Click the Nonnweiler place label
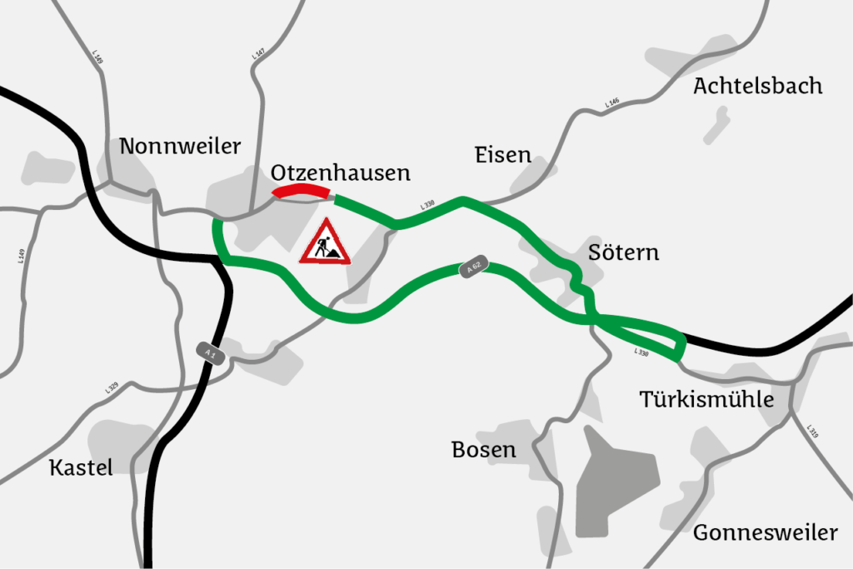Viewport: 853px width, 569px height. click(x=180, y=147)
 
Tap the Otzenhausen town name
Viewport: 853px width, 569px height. click(x=341, y=172)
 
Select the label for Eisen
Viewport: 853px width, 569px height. click(x=502, y=154)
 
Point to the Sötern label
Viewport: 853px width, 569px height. click(x=623, y=252)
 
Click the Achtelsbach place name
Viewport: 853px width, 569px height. click(x=757, y=86)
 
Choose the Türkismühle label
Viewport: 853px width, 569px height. click(x=706, y=399)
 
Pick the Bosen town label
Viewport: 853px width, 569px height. click(x=483, y=450)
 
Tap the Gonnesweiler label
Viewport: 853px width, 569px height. click(x=765, y=532)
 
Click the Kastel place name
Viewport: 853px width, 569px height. click(x=81, y=467)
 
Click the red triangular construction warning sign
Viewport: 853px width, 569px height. click(x=326, y=243)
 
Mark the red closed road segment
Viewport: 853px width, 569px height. click(x=302, y=193)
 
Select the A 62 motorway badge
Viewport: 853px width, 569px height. click(x=473, y=268)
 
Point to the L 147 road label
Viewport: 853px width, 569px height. click(x=258, y=55)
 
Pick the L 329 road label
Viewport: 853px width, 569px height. click(x=112, y=387)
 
